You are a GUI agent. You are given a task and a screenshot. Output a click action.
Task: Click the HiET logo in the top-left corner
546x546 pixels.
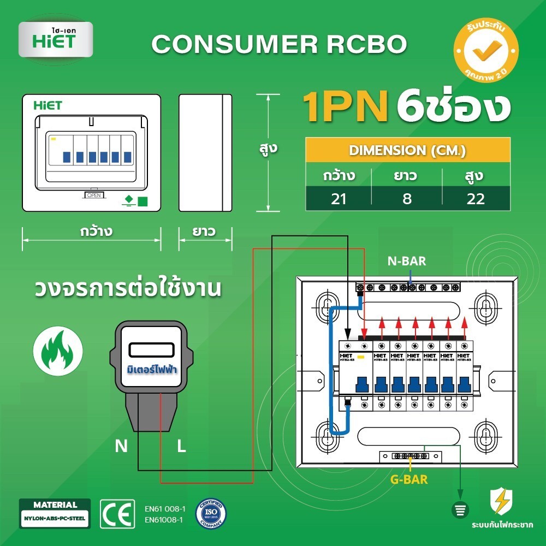click(x=55, y=39)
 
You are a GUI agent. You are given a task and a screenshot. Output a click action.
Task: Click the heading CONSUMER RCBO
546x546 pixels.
click(x=279, y=44)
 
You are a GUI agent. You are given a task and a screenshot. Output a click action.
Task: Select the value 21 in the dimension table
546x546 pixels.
click(x=339, y=199)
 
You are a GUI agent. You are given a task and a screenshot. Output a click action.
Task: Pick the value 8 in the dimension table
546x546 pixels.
click(x=407, y=199)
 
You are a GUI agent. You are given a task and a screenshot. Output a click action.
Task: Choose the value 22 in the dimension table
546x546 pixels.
click(x=476, y=199)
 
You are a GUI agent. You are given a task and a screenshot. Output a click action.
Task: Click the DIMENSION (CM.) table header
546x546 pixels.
click(x=407, y=150)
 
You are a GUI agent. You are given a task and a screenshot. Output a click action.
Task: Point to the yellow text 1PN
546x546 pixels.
click(x=345, y=107)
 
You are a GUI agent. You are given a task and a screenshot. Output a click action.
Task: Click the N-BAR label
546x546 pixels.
click(x=407, y=262)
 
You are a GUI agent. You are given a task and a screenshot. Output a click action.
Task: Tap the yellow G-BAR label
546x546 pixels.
click(x=408, y=480)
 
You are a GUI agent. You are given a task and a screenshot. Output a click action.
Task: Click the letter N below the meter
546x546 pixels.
click(x=121, y=447)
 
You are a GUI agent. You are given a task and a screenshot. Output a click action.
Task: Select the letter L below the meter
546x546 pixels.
click(x=182, y=447)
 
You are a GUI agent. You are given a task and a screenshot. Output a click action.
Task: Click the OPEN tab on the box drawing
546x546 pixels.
click(x=94, y=195)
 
